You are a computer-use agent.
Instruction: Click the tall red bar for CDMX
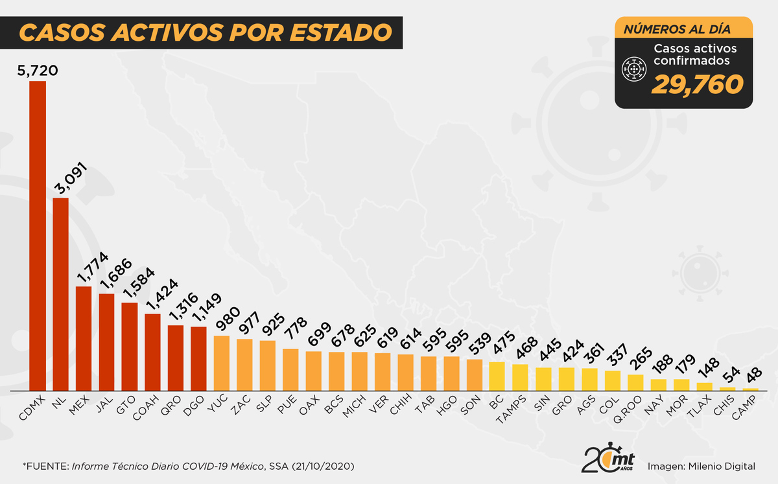pos(38,236)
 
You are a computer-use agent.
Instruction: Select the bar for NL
pos(60,295)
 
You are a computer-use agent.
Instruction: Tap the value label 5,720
pos(38,69)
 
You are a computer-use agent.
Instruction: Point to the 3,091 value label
pos(69,181)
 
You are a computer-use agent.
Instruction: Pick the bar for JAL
pos(106,343)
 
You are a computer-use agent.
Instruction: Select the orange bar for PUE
pos(290,371)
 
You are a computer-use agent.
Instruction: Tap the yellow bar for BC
pos(497,377)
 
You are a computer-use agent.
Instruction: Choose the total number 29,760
pos(696,84)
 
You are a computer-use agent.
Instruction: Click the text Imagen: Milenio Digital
pos(701,466)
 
